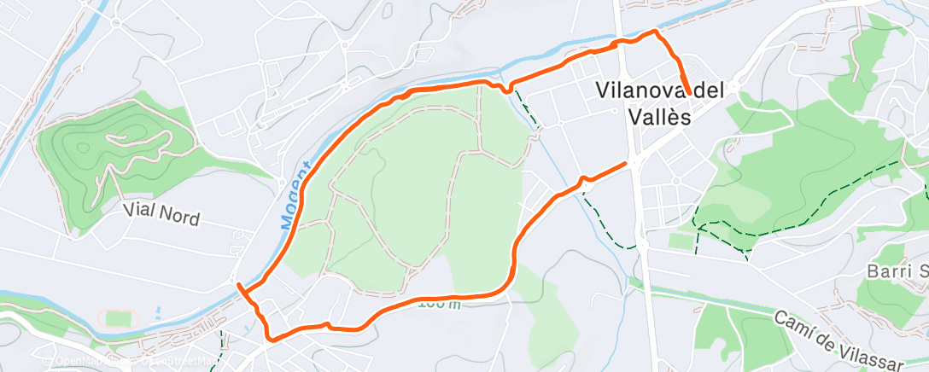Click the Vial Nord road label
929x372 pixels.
click(x=161, y=213)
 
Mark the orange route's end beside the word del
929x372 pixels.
click(x=688, y=92)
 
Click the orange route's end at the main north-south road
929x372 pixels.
click(x=627, y=162)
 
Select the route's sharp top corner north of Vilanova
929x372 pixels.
click(x=656, y=32)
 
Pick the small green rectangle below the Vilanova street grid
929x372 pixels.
click(x=681, y=241)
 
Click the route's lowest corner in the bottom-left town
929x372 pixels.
click(x=271, y=339)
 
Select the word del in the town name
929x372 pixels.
click(x=711, y=90)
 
